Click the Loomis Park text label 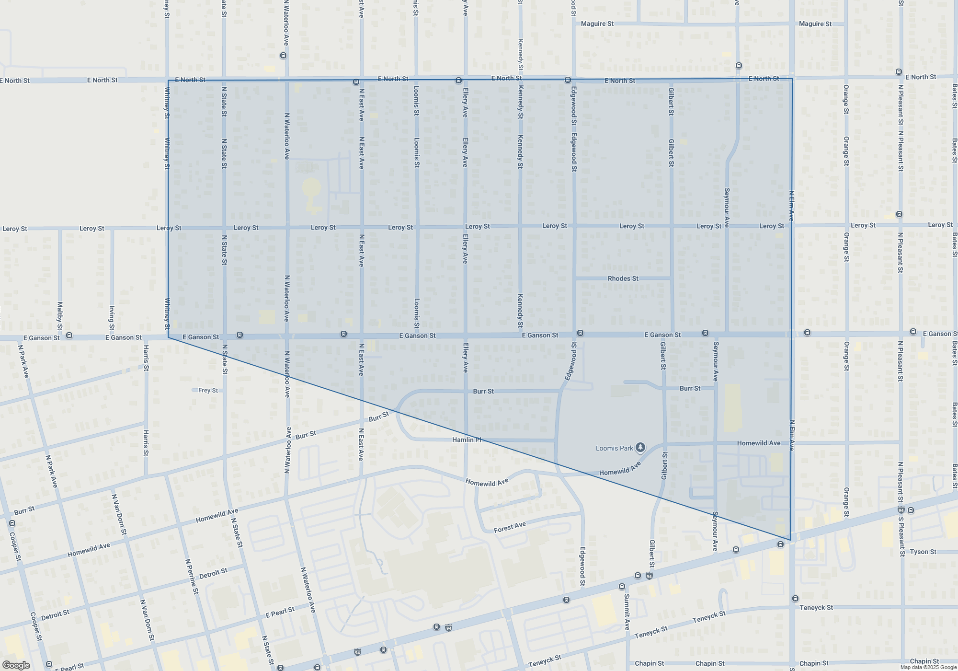pyautogui.click(x=614, y=449)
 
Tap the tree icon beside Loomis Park pyautogui.click(x=640, y=448)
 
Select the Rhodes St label pyautogui.click(x=623, y=278)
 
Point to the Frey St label pyautogui.click(x=208, y=391)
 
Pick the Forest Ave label pyautogui.click(x=510, y=527)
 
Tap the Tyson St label pyautogui.click(x=923, y=552)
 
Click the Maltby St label pyautogui.click(x=60, y=315)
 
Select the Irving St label pyautogui.click(x=112, y=318)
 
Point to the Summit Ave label pyautogui.click(x=627, y=612)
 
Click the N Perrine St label pyautogui.click(x=192, y=576)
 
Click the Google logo pyautogui.click(x=16, y=665)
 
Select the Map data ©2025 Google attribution pyautogui.click(x=928, y=667)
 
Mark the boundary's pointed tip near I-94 pyautogui.click(x=790, y=540)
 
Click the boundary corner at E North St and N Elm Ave pyautogui.click(x=792, y=79)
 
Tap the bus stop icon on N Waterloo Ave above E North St pyautogui.click(x=283, y=56)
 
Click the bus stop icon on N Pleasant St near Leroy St pyautogui.click(x=899, y=214)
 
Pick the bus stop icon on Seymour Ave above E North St pyautogui.click(x=739, y=65)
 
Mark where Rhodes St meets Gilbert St pyautogui.click(x=671, y=278)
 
